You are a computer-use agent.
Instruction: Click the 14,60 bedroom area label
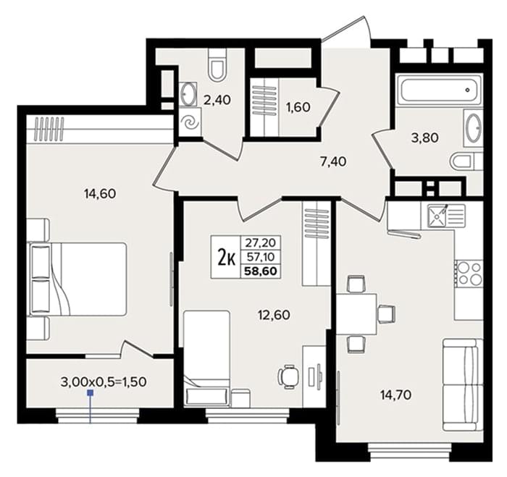(x=100, y=194)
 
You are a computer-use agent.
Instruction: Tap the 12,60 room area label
(x=274, y=315)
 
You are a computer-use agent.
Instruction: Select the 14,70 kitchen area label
(x=395, y=394)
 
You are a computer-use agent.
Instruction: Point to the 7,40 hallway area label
(x=333, y=161)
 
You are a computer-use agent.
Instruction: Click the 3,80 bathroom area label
(x=425, y=138)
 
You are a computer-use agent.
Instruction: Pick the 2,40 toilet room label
(x=217, y=100)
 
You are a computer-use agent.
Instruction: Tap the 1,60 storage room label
(x=298, y=107)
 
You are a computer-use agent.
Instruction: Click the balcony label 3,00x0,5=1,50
(x=104, y=382)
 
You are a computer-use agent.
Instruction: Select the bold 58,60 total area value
(x=261, y=271)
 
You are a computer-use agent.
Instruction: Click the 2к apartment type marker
(x=226, y=258)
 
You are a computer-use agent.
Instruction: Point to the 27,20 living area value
(x=260, y=242)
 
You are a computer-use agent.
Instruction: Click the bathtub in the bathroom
(x=439, y=90)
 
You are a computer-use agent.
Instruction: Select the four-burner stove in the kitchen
(x=469, y=274)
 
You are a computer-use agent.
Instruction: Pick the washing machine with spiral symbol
(x=190, y=122)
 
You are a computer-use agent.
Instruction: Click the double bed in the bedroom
(x=78, y=279)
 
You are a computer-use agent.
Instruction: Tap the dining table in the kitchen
(x=356, y=314)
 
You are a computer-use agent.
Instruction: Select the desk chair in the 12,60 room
(x=289, y=376)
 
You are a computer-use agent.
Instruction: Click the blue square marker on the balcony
(x=91, y=393)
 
